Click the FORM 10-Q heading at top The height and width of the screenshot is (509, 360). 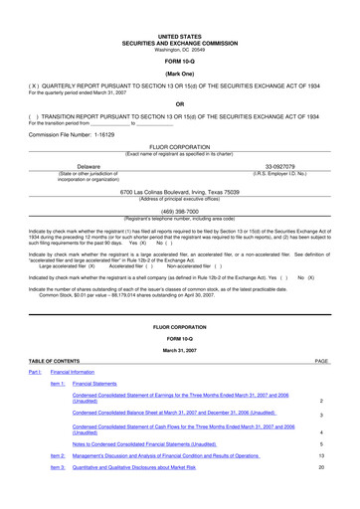pos(180,33)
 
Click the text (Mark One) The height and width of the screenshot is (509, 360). pos(180,47)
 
